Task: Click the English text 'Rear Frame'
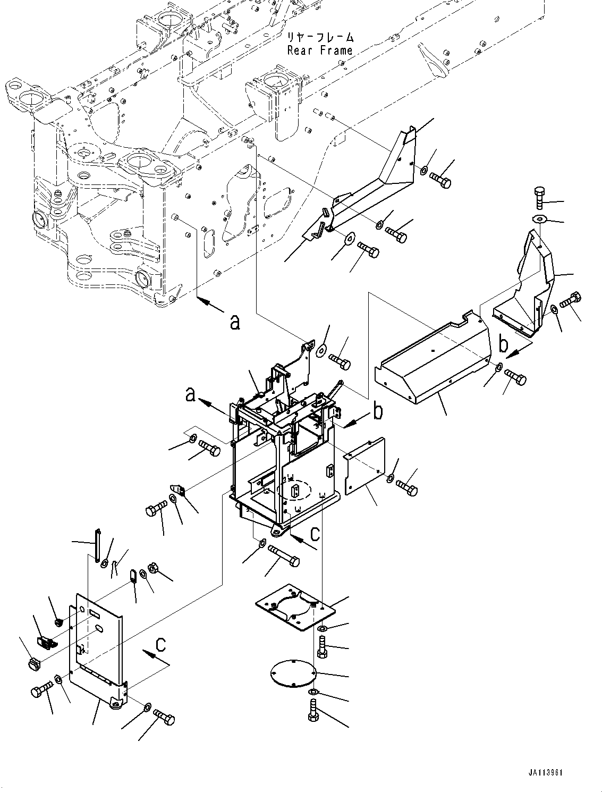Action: (319, 50)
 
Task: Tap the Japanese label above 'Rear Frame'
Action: (319, 38)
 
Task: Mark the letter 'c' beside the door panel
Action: (159, 645)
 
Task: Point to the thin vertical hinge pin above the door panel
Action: (98, 545)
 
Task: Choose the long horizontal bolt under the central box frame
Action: (283, 557)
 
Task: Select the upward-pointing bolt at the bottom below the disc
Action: (313, 710)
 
